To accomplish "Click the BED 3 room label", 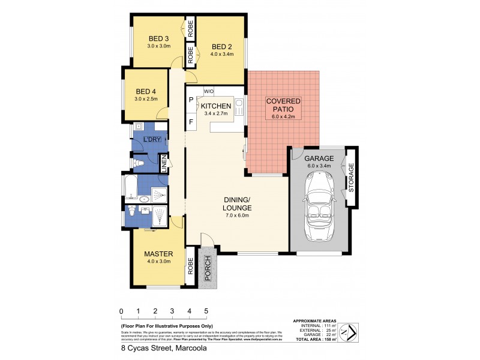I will (x=159, y=38).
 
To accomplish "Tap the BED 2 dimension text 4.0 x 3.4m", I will (x=221, y=55).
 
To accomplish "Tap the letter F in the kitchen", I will (x=191, y=122).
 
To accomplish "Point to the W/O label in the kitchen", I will (x=209, y=91).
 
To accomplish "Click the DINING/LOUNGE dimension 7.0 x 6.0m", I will (x=236, y=215).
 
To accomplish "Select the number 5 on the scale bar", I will (x=206, y=311).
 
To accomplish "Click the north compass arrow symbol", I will (x=348, y=330).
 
